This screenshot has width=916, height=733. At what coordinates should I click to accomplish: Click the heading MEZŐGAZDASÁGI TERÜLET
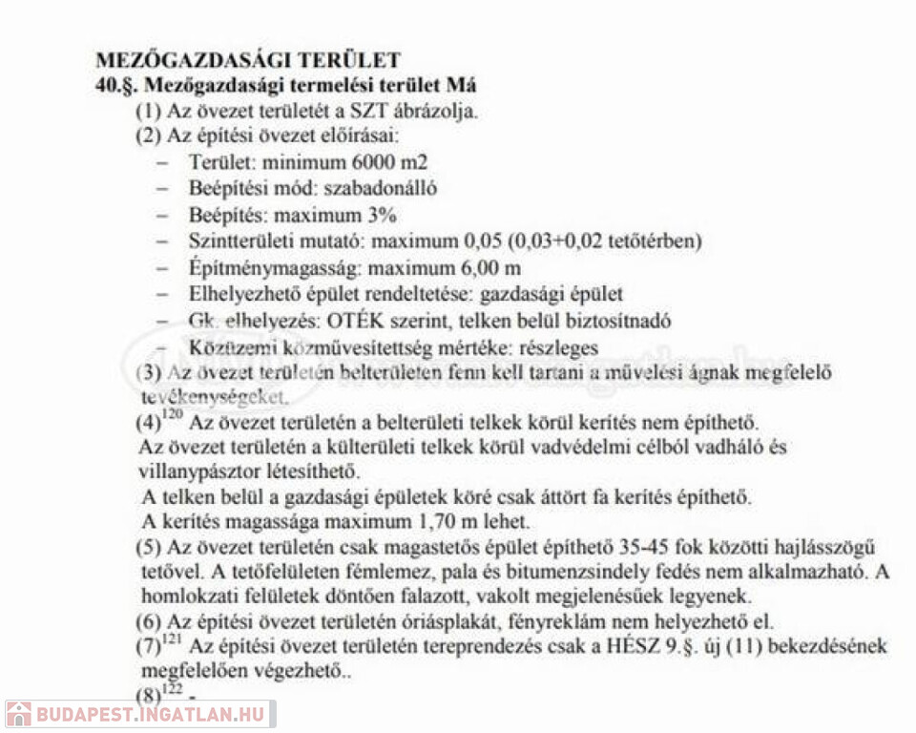[248, 59]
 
